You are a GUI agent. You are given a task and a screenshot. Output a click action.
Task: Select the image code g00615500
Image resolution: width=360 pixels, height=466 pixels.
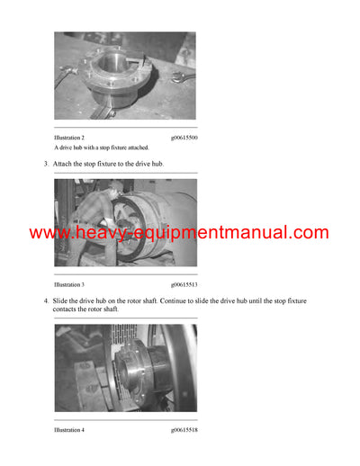[184, 137]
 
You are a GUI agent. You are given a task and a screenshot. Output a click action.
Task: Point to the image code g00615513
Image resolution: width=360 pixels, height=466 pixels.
[184, 284]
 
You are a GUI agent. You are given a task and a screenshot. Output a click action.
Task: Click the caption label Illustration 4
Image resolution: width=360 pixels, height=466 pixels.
[69, 430]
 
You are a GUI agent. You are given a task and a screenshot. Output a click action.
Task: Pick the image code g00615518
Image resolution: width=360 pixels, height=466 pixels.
[184, 430]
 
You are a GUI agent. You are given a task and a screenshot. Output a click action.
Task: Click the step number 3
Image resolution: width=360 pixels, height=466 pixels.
[46, 164]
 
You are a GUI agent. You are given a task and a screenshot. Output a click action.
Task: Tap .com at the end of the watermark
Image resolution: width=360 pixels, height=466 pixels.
[308, 233]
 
